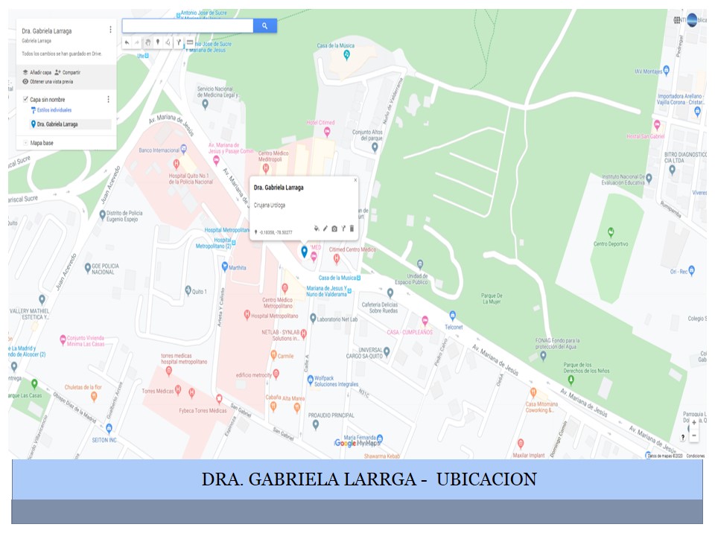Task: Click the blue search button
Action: (x=265, y=26)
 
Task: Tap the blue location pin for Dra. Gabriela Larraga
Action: (x=304, y=252)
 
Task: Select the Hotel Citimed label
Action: (x=320, y=123)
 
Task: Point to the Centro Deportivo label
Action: (x=611, y=243)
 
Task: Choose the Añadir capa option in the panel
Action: (x=40, y=72)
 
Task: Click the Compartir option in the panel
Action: (x=71, y=72)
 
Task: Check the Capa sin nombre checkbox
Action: (x=25, y=99)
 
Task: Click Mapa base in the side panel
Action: (x=42, y=142)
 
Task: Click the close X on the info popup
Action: (x=355, y=180)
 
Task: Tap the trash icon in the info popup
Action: (x=352, y=229)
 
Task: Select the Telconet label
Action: (x=454, y=327)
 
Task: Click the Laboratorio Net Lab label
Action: (x=337, y=319)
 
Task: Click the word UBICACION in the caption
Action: (x=486, y=479)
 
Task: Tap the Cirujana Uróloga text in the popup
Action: (x=270, y=204)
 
